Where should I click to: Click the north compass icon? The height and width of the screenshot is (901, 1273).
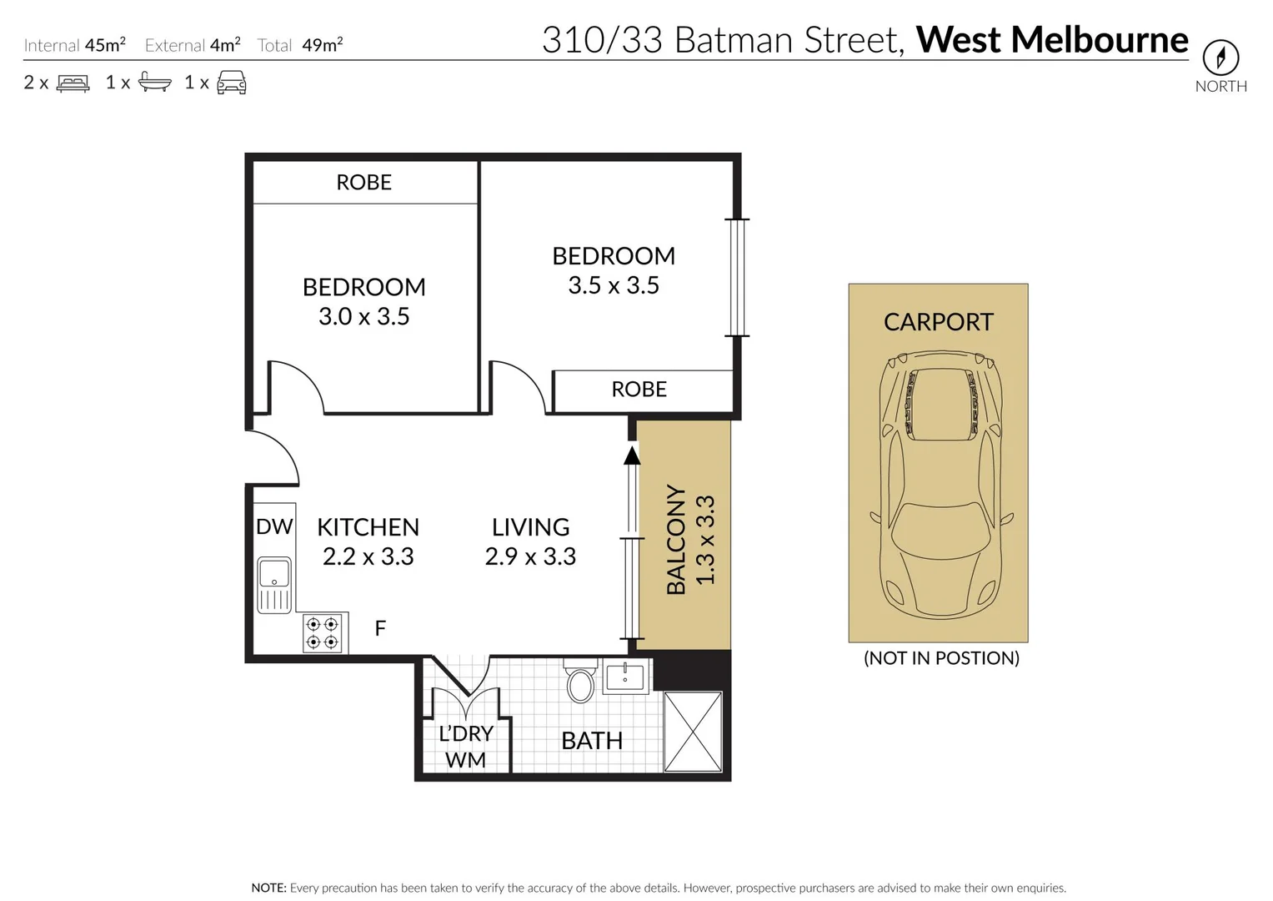click(1220, 58)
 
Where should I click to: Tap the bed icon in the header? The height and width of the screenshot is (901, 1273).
click(73, 83)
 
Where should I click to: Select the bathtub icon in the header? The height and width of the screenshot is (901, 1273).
click(154, 83)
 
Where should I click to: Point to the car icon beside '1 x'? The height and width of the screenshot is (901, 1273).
click(231, 83)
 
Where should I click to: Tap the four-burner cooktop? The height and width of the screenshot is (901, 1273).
click(322, 632)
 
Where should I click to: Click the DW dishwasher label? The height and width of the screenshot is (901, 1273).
click(274, 526)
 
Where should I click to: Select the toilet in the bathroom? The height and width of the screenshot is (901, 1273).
click(580, 681)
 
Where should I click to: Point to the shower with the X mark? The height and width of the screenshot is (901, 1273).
click(692, 731)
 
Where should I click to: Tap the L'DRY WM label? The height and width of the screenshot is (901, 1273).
click(466, 746)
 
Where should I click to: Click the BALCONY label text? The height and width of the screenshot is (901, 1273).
click(676, 540)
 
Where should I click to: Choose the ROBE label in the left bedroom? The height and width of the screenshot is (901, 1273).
click(363, 182)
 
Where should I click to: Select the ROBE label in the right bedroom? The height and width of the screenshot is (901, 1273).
click(639, 389)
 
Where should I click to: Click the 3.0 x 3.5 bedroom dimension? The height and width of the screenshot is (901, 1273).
click(363, 316)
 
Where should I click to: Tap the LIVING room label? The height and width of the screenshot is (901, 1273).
click(530, 526)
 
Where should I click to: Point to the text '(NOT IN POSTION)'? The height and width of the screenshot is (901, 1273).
click(941, 657)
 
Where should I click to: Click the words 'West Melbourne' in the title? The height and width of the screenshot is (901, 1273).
click(1052, 39)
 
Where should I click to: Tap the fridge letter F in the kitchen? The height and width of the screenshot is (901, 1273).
click(380, 628)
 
